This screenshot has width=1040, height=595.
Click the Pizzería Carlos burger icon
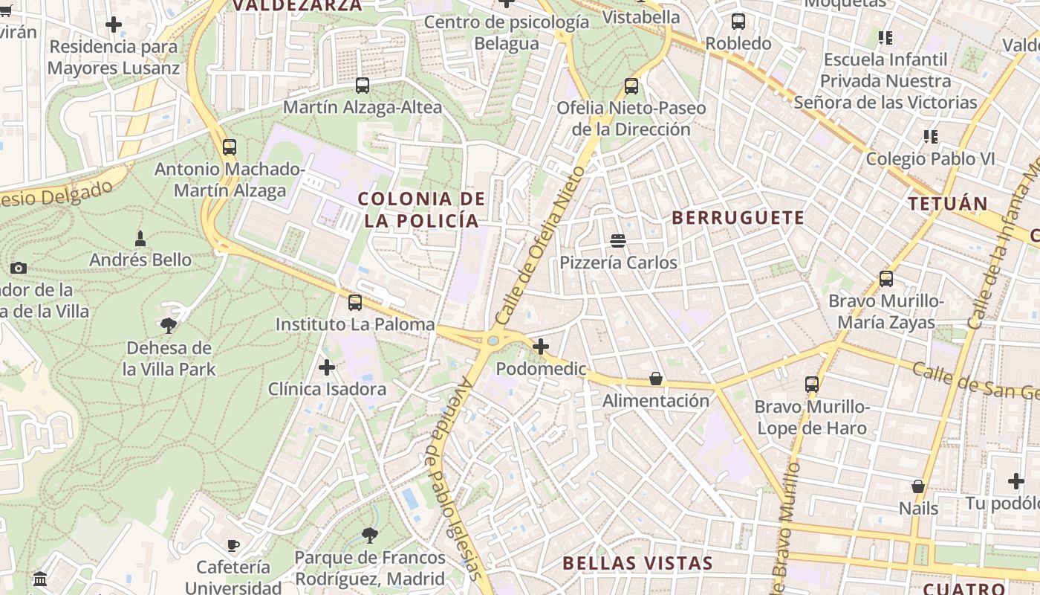coord(617,240)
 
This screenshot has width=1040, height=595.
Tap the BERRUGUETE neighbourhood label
coord(738,218)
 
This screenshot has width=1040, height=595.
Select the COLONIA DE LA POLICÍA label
coord(422,210)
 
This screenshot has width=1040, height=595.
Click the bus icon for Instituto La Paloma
coord(355,303)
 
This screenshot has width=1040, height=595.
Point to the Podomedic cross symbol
coord(541,347)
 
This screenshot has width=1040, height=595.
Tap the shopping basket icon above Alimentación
coord(655,379)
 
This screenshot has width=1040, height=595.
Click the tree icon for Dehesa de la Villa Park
coord(169,325)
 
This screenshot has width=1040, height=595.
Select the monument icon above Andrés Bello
coord(140,239)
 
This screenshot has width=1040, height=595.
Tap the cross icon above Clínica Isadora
coord(327,367)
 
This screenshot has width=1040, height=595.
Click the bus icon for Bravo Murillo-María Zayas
coord(885,279)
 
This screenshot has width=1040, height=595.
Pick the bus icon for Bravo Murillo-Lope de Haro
coord(811,385)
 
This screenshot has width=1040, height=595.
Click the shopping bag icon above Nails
coord(918,486)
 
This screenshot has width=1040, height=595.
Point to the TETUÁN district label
coord(947,204)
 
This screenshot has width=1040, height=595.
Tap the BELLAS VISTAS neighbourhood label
coord(637,563)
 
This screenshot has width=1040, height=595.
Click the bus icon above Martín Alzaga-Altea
coord(363,86)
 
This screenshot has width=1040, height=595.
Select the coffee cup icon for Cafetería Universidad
coord(233,545)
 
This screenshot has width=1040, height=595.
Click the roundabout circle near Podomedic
coord(493,341)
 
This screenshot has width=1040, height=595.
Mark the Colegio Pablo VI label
coord(930,158)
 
